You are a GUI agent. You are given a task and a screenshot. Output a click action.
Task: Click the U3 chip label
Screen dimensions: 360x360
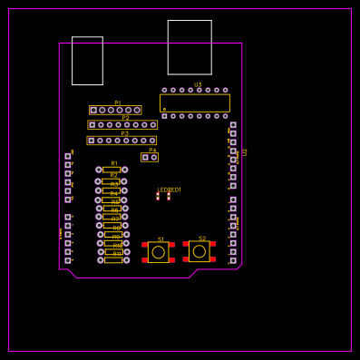pos(198,84)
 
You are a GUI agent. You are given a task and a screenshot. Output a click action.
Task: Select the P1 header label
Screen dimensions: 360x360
pos(118,102)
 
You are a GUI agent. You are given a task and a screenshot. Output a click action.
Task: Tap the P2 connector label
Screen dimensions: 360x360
pos(125,118)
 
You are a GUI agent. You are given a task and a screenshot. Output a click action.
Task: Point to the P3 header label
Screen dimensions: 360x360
pos(124,133)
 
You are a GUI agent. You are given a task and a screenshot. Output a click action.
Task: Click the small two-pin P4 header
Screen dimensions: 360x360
pos(150,157)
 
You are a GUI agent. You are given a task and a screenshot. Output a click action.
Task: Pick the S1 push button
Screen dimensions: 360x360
pos(159,251)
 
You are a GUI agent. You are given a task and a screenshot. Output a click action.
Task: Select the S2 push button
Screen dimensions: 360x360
pos(199,250)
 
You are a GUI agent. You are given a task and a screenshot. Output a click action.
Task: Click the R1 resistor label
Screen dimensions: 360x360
pos(114,163)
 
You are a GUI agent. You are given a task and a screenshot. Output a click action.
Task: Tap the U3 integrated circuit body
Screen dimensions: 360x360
pos(195,102)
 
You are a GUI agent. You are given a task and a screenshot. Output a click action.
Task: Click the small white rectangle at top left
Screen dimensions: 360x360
pos(87,61)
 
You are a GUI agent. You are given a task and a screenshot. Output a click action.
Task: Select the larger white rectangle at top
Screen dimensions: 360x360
pos(190,47)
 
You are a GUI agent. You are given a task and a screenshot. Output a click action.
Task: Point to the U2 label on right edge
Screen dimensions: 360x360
pos(245,151)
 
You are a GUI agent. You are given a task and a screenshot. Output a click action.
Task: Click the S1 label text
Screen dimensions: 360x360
pos(161,239)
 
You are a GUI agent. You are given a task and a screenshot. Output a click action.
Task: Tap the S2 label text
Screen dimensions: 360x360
pos(202,238)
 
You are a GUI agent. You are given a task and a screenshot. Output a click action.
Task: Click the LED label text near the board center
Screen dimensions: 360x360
pos(169,190)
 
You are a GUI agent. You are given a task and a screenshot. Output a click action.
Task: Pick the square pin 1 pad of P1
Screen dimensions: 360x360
pos(93,110)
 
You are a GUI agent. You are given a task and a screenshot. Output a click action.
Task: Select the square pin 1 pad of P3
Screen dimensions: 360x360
pos(91,141)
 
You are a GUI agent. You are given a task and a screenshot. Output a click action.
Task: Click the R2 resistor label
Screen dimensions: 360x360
pos(113,175)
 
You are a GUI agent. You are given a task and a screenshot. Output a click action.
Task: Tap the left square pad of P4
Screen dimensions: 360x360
pos(145,157)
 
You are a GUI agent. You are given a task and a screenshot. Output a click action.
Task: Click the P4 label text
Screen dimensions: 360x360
pos(152,150)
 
